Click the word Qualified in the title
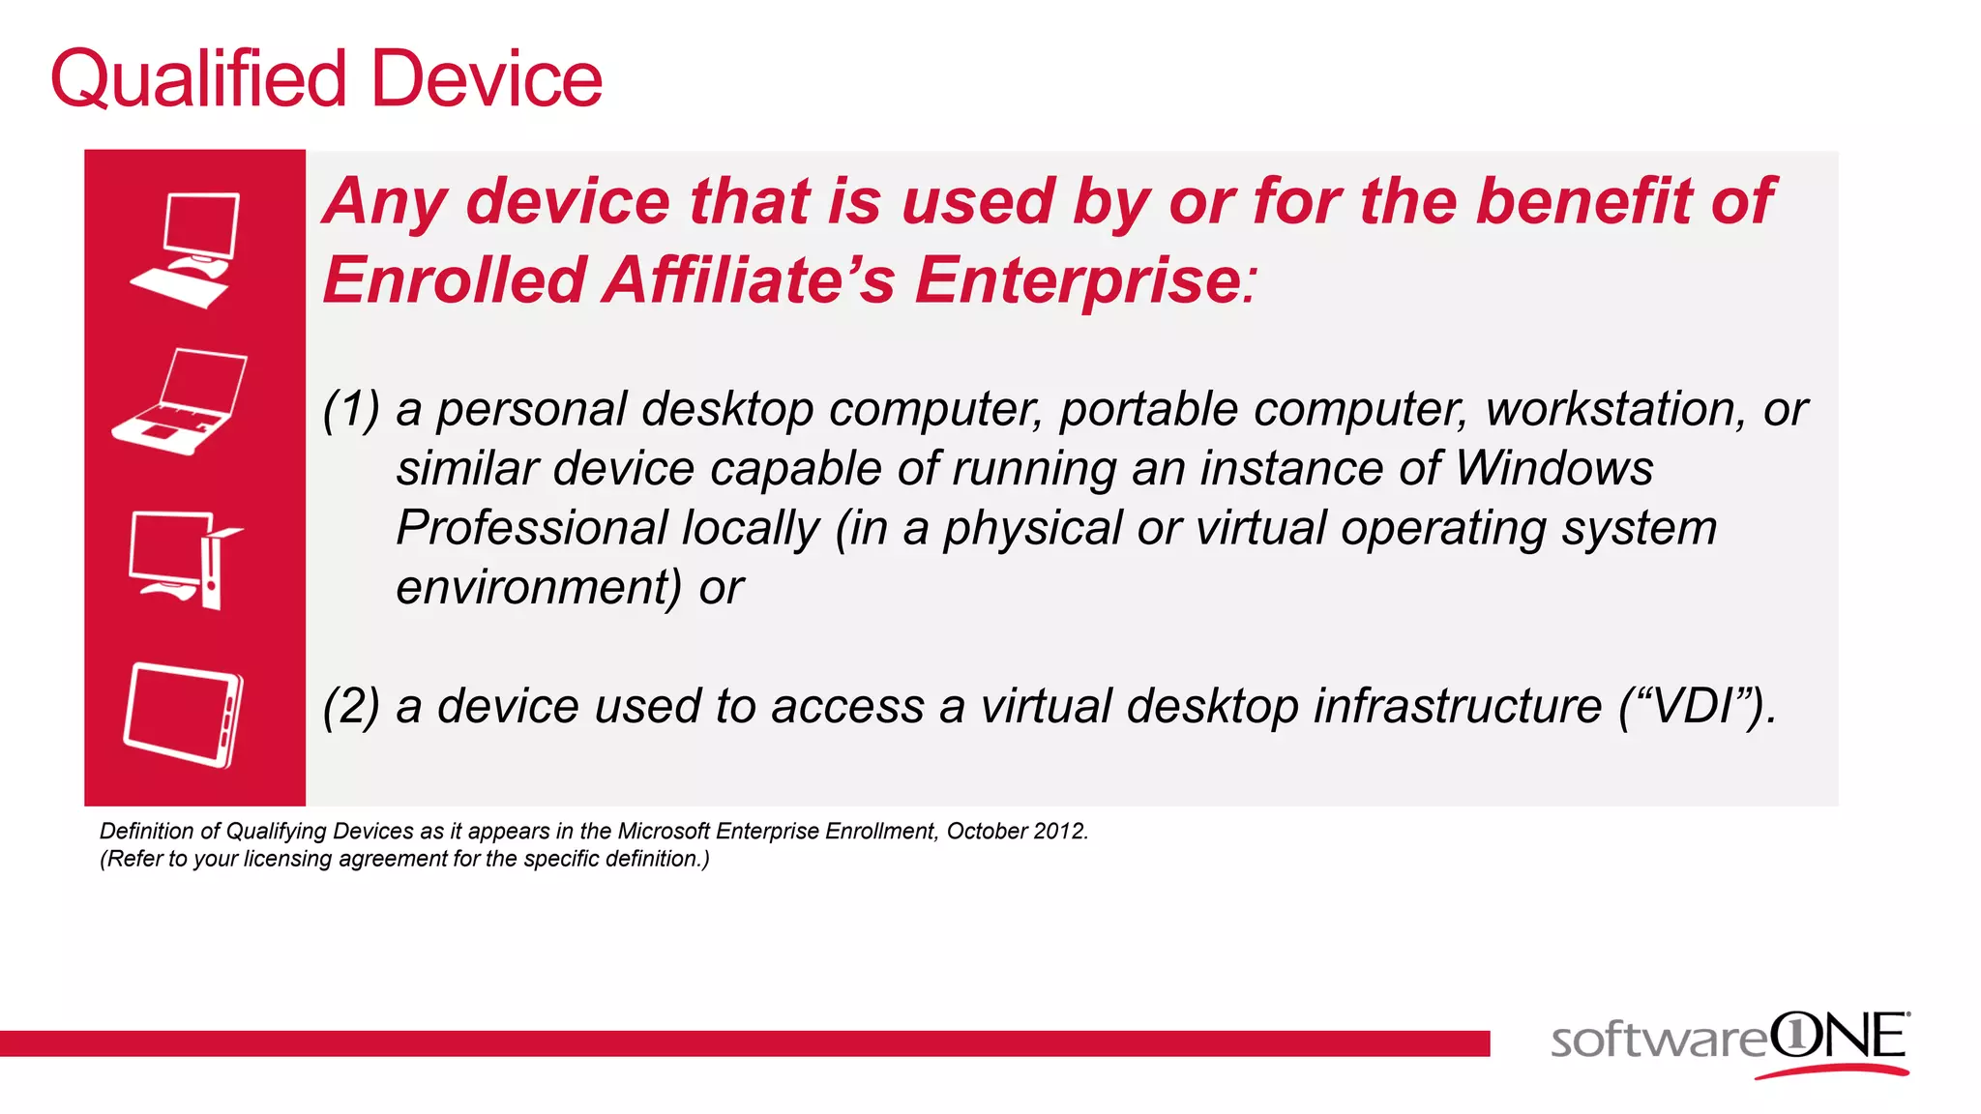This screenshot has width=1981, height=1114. tap(198, 79)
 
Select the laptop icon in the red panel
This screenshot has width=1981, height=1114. tap(182, 400)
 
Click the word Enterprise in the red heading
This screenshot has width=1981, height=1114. tap(1079, 280)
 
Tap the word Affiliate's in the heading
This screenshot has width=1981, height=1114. tap(749, 280)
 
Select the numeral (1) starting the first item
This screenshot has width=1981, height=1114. tap(351, 410)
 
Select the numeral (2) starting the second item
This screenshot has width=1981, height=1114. tap(351, 706)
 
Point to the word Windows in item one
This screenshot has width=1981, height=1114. tap(1553, 469)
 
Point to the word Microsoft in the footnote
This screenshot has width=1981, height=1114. tap(664, 832)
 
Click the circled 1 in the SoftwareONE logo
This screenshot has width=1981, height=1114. tap(1795, 1036)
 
